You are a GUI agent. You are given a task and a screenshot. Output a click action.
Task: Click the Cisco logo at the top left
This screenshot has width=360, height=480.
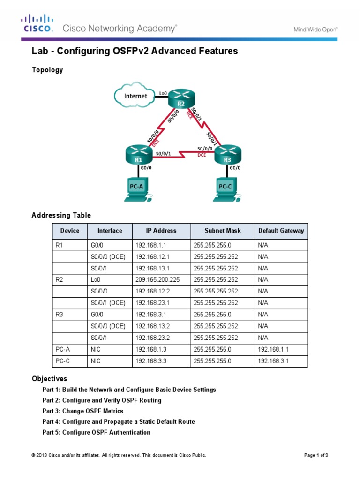tap(37, 23)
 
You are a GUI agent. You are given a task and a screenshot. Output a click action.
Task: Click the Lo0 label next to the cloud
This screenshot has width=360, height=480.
tap(163, 93)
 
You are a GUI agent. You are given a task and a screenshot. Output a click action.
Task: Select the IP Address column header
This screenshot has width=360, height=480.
tap(161, 231)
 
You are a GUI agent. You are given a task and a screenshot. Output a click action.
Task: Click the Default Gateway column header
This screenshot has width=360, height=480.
tap(281, 231)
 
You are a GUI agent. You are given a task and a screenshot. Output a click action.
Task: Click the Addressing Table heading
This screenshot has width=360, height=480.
tap(61, 216)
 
